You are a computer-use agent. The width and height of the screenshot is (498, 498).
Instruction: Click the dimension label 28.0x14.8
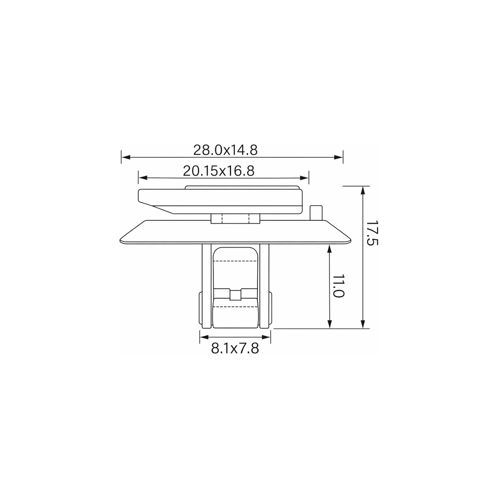pyautogui.click(x=225, y=150)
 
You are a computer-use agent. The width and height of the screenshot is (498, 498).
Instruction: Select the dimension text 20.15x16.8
pyautogui.click(x=218, y=171)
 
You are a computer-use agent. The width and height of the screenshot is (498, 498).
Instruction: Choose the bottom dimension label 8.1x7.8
pyautogui.click(x=235, y=349)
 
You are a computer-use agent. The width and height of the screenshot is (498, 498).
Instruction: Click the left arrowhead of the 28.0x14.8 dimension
pyautogui.click(x=126, y=157)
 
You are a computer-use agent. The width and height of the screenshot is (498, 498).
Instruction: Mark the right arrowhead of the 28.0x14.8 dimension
pyautogui.click(x=339, y=157)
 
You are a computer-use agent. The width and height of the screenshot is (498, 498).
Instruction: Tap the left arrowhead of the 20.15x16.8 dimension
pyautogui.click(x=143, y=178)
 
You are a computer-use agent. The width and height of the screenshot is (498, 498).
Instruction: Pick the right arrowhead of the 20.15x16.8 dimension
pyautogui.click(x=304, y=178)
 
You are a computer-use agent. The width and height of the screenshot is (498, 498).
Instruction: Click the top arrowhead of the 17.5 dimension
pyautogui.click(x=363, y=191)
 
